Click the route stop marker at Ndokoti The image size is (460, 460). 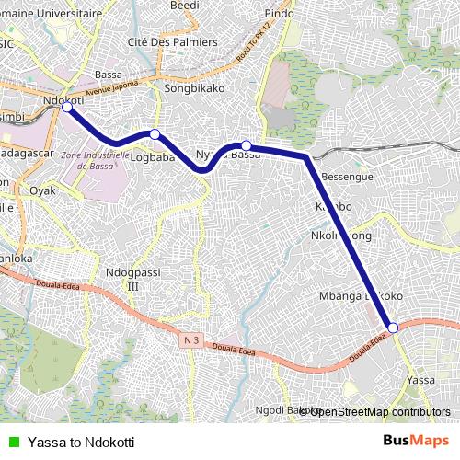coord(66,108)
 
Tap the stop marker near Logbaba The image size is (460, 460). coord(155,134)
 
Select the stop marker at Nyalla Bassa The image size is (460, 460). coord(247,144)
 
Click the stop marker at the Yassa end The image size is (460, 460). coord(392,328)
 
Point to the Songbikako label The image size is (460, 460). coord(189,89)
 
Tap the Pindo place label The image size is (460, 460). coord(279,14)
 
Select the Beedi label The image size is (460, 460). coord(185,5)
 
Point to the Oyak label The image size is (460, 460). coord(42,190)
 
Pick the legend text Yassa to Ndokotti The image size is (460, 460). coord(81,442)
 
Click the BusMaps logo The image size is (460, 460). coord(416,441)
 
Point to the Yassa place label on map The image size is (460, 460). coord(420,379)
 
